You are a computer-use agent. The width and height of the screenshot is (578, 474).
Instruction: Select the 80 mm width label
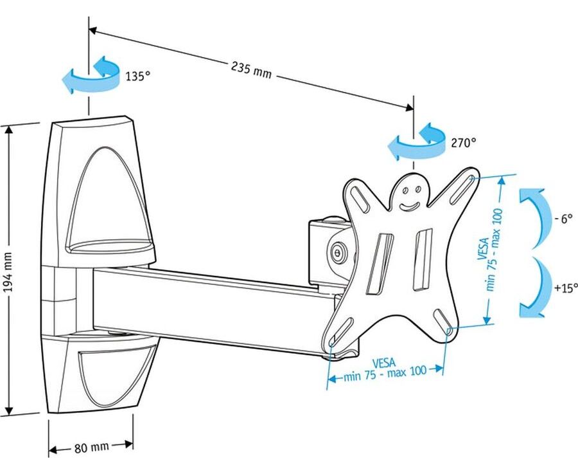(x=90, y=446)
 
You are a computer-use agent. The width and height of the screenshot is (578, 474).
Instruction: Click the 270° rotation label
(x=463, y=143)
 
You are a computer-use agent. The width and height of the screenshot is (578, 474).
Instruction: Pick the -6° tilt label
(x=563, y=218)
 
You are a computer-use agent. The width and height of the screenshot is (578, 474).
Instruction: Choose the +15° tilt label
(x=566, y=287)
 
